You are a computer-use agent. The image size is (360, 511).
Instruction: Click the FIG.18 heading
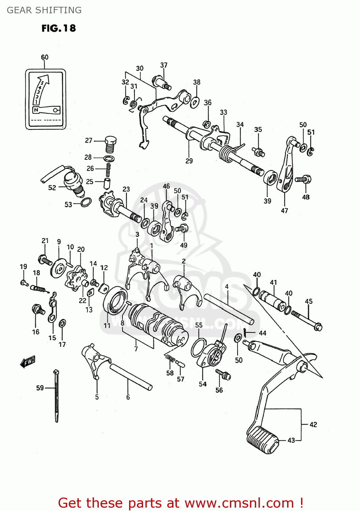tap(59, 28)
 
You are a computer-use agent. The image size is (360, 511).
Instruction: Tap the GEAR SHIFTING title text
tap(44, 10)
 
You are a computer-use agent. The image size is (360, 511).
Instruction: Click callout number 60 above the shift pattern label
tap(45, 57)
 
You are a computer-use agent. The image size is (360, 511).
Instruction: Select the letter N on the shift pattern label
tap(36, 110)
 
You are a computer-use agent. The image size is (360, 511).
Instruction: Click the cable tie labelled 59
tap(56, 395)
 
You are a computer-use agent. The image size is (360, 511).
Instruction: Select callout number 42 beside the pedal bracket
tap(313, 424)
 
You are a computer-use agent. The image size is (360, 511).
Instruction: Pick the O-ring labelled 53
tap(86, 202)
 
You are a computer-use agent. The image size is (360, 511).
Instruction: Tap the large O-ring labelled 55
tap(199, 347)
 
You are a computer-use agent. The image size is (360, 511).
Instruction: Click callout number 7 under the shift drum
tap(136, 349)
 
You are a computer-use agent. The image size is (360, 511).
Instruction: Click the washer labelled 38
tap(195, 102)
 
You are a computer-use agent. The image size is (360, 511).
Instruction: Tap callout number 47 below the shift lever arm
tap(284, 211)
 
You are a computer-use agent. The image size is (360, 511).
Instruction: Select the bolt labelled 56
tap(223, 375)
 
